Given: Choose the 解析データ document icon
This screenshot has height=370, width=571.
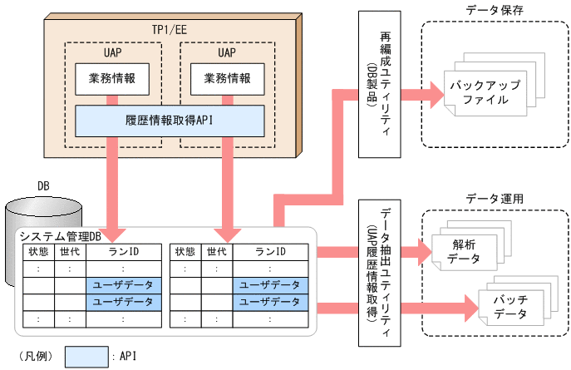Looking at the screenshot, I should (x=463, y=252).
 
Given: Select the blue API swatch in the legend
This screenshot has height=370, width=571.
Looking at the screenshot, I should (x=86, y=357).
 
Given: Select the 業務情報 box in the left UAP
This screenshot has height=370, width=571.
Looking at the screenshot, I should (x=112, y=81).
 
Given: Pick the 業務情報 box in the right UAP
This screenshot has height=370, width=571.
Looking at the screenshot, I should (x=225, y=81).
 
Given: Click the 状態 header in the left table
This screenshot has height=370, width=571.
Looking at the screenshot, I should (x=39, y=252).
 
